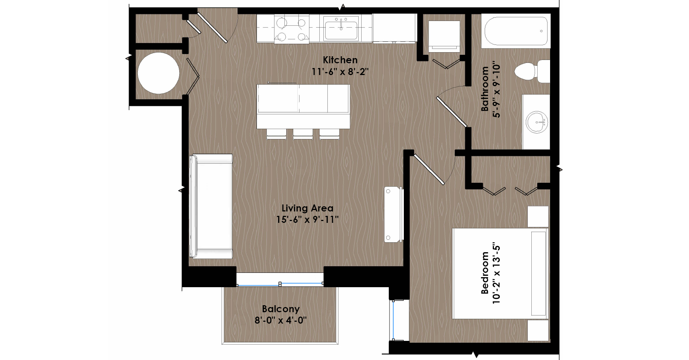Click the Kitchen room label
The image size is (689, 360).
[340, 60]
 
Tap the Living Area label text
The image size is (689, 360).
[307, 208]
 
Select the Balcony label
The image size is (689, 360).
[281, 309]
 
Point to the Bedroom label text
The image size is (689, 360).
[485, 272]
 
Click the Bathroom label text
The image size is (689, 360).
[485, 89]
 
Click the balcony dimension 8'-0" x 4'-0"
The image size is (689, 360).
[281, 320]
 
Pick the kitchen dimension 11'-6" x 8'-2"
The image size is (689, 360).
[340, 72]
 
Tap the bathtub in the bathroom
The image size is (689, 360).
[516, 31]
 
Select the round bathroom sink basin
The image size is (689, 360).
[537, 122]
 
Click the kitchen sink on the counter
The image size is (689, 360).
[341, 28]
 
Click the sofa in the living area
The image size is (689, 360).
[211, 206]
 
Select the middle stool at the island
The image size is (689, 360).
[303, 134]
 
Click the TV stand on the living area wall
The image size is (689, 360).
[394, 214]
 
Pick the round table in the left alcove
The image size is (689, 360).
[158, 73]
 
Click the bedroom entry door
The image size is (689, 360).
[429, 169]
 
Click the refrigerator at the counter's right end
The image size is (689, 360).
[394, 28]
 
